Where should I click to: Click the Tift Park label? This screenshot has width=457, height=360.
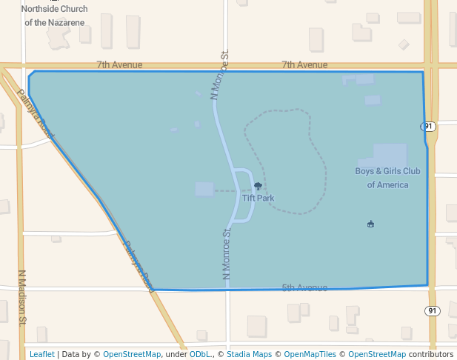pyautogui.click(x=258, y=198)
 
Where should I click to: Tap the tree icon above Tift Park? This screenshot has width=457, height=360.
pyautogui.click(x=258, y=186)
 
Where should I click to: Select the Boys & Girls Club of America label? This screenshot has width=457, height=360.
pyautogui.click(x=387, y=178)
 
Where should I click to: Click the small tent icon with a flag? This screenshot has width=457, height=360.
pyautogui.click(x=370, y=224)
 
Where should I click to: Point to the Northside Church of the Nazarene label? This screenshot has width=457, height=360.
pyautogui.click(x=54, y=16)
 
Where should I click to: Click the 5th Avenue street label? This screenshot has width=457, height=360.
pyautogui.click(x=304, y=287)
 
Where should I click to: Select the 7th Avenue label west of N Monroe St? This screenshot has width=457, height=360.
pyautogui.click(x=119, y=65)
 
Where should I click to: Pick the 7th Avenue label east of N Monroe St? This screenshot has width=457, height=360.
pyautogui.click(x=304, y=65)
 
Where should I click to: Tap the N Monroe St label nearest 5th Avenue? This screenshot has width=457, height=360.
pyautogui.click(x=227, y=254)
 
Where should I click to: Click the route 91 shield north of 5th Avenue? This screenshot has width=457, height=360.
pyautogui.click(x=430, y=127)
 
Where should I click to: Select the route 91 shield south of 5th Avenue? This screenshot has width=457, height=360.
pyautogui.click(x=433, y=310)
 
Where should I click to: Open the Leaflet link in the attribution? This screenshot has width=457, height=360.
pyautogui.click(x=41, y=354)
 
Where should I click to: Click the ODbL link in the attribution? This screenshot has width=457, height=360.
pyautogui.click(x=200, y=354)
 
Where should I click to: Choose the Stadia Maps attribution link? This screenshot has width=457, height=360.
pyautogui.click(x=249, y=354)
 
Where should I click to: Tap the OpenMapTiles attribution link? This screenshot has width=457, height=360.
pyautogui.click(x=310, y=354)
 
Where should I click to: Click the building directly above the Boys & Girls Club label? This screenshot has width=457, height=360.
pyautogui.click(x=390, y=155)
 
